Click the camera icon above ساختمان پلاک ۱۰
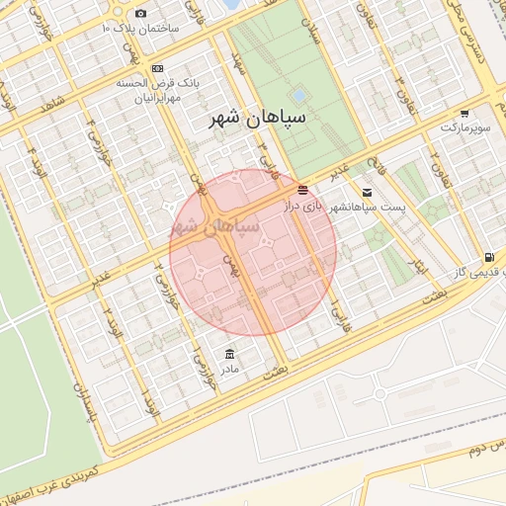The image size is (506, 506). pos(140,13)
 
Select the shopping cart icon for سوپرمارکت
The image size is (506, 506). pos(464,114)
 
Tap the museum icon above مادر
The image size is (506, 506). pos(230,353)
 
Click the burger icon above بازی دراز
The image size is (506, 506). pos(302,189)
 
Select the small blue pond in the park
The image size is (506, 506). pos(297,95)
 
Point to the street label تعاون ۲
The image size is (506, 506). pos(436,161)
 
